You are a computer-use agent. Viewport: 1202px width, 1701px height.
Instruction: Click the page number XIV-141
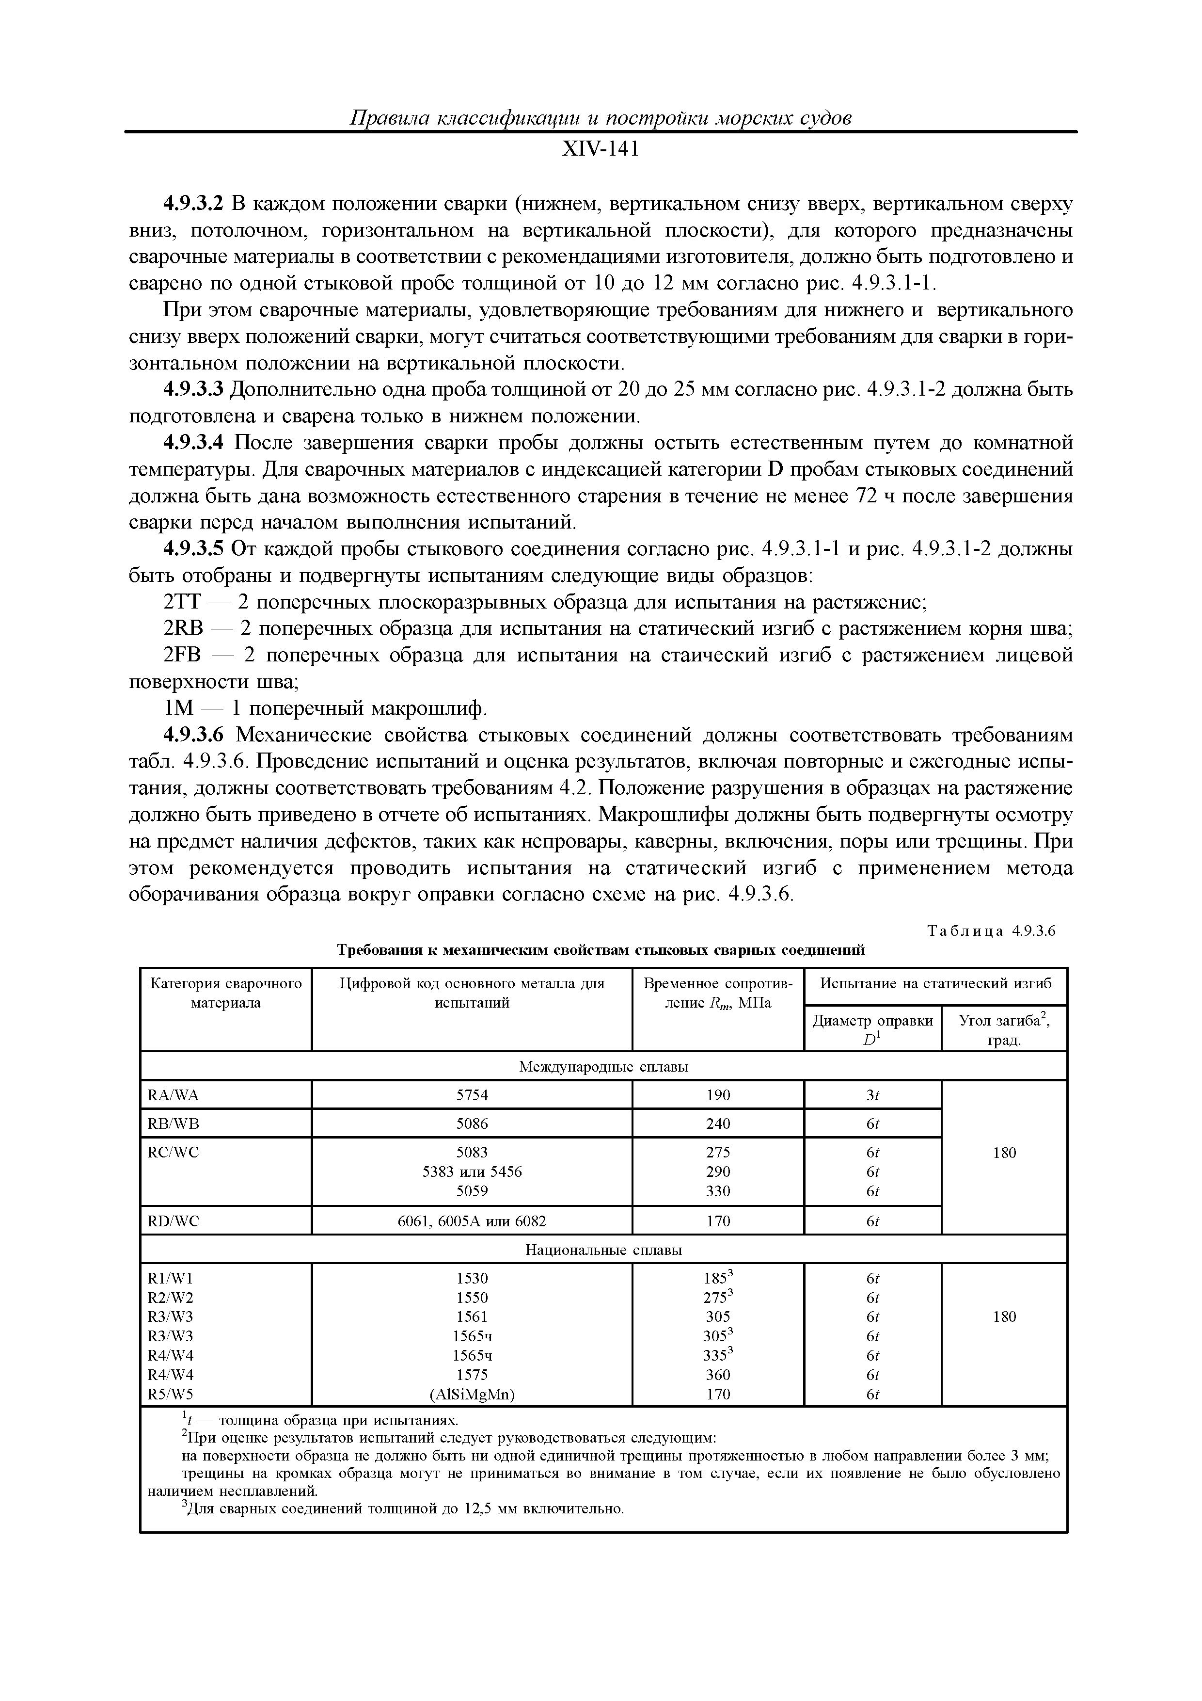point(600,150)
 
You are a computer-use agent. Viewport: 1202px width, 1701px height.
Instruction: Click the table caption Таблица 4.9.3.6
point(991,931)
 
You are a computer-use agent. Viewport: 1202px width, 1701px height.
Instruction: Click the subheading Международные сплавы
point(603,1067)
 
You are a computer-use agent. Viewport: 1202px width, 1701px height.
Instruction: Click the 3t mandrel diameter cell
point(872,1095)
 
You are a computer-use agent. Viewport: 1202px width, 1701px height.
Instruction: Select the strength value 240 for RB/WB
point(718,1123)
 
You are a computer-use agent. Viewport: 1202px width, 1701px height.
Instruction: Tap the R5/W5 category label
point(170,1394)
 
